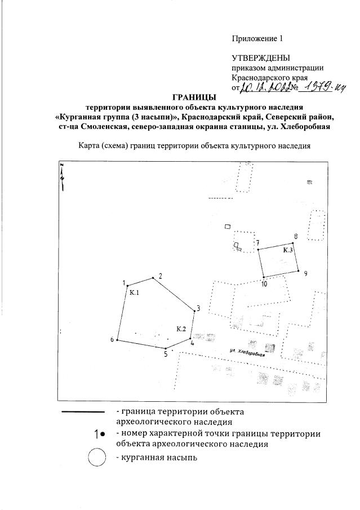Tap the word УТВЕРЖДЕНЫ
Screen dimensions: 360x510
260,58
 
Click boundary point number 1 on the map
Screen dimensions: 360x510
127,286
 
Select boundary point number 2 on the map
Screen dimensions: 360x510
153,278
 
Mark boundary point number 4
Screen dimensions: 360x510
190,338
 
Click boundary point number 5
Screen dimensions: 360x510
167,348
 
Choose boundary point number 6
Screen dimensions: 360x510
117,340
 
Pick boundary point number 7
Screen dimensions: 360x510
258,249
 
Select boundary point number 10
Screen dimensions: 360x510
264,277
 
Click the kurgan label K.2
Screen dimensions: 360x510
181,329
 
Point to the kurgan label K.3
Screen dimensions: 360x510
288,250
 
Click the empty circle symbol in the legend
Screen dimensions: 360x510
97,458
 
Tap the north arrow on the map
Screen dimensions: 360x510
63,176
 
